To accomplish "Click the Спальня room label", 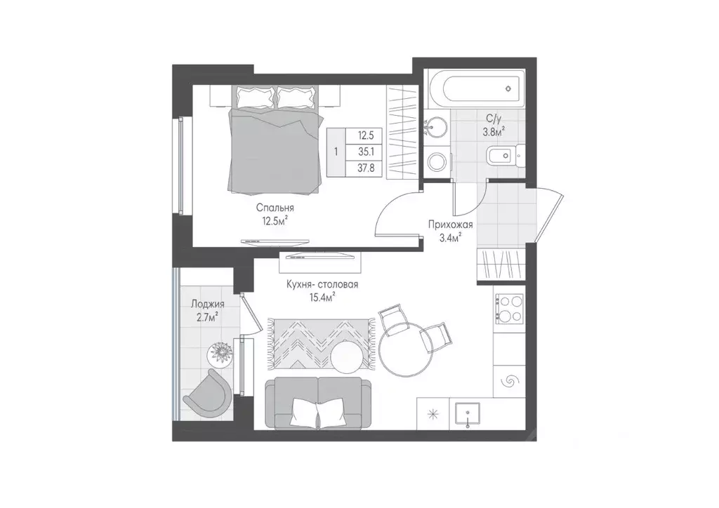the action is click(x=275, y=208).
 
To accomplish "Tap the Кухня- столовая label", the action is click(x=322, y=284).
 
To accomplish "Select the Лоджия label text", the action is click(x=208, y=304).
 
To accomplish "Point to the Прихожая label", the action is click(x=450, y=225).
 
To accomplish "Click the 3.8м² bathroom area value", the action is click(x=494, y=133).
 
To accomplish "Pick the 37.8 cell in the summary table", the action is click(x=366, y=168).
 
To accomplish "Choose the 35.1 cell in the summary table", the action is click(x=366, y=152).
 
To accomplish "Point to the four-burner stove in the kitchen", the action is click(x=509, y=308).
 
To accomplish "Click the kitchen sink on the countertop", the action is click(x=467, y=415).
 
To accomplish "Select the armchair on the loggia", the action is click(x=206, y=391).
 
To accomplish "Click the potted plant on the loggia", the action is click(x=220, y=354).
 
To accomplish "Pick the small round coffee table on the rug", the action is click(x=346, y=358).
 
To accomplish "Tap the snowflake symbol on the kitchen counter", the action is click(x=433, y=415).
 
